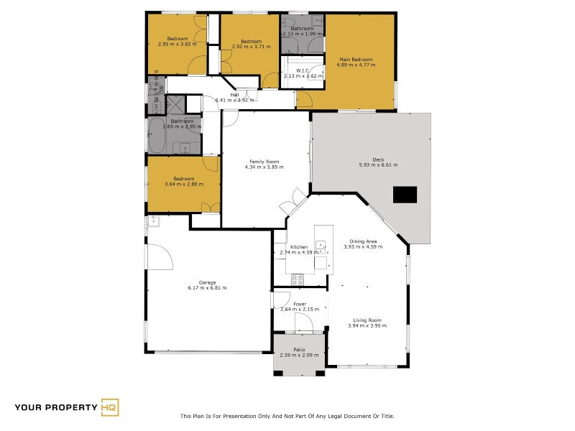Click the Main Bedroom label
pyautogui.click(x=354, y=59)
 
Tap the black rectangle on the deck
pyautogui.click(x=405, y=195)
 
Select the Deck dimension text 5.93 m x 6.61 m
pyautogui.click(x=378, y=165)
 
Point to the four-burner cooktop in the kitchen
pyautogui.click(x=297, y=279)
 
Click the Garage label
pyautogui.click(x=207, y=282)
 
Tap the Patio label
pyautogui.click(x=298, y=350)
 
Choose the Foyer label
pyautogui.click(x=300, y=304)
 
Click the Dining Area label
pyautogui.click(x=363, y=241)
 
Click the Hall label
pyautogui.click(x=234, y=94)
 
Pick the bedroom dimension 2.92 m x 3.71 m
pyautogui.click(x=251, y=47)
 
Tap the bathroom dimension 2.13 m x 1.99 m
pyautogui.click(x=302, y=34)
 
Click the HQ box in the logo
pyautogui.click(x=109, y=407)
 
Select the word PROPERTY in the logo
pyautogui.click(x=70, y=407)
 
